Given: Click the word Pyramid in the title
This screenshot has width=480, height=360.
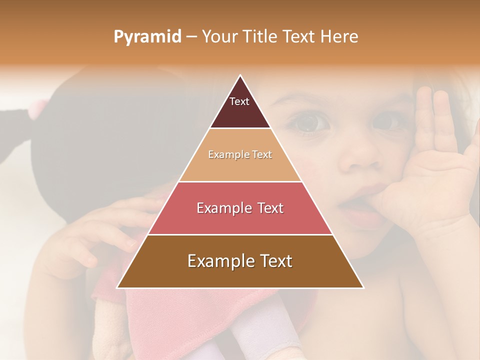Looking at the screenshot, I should tap(147, 37).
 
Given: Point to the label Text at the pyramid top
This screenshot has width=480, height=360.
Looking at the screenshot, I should tap(239, 101).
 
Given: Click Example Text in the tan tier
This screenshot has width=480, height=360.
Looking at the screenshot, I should tap(240, 154).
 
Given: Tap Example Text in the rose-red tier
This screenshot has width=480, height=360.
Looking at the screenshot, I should tap(240, 208).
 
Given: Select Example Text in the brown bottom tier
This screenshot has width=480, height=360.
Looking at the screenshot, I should tap(240, 261).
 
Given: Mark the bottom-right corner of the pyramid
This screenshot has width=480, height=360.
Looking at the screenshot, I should tap(363, 287).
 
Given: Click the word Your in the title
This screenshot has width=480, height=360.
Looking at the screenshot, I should tap(219, 36).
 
